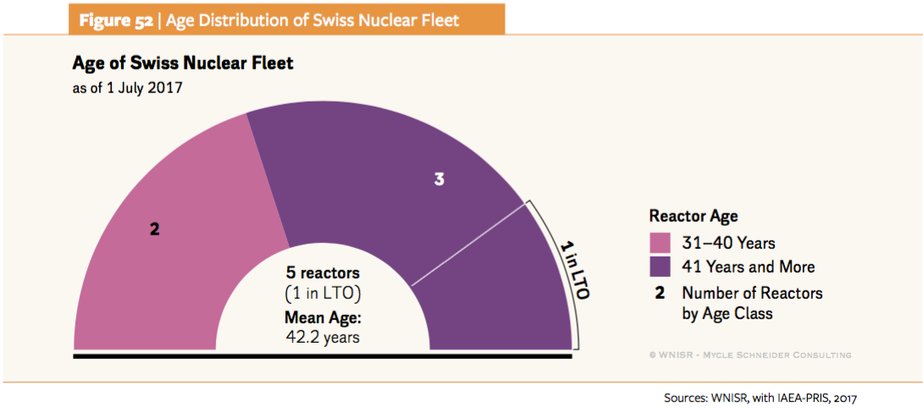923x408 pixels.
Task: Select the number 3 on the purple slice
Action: tap(439, 179)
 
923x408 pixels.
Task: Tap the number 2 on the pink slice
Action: tap(154, 229)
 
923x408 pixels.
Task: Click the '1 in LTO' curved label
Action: tap(575, 269)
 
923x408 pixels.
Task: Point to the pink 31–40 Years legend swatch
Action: tap(660, 243)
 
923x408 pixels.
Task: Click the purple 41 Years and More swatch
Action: tap(660, 267)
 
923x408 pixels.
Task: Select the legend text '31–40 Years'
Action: tap(728, 243)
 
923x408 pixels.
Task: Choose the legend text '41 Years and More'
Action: tap(748, 267)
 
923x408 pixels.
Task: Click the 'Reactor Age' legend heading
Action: tap(694, 217)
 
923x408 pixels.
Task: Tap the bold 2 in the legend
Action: tap(659, 293)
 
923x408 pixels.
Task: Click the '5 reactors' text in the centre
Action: tap(323, 273)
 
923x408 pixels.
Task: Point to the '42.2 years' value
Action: tap(323, 336)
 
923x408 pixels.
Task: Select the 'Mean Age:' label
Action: tap(323, 319)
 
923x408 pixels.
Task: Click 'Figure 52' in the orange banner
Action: tap(117, 19)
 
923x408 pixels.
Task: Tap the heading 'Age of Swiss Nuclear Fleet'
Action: tap(183, 64)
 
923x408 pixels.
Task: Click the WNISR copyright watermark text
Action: tap(749, 355)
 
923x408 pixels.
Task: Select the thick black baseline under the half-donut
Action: tap(323, 355)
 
